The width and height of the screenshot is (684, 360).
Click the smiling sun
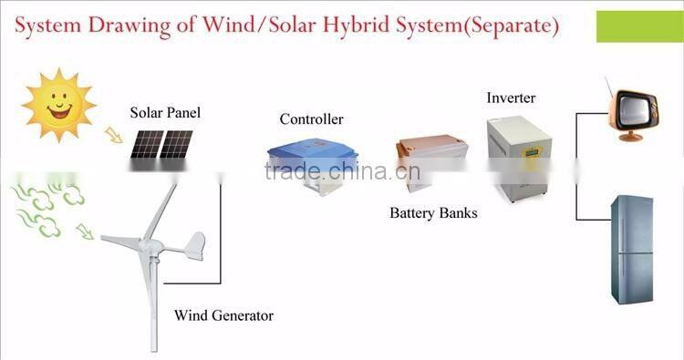click(57, 105)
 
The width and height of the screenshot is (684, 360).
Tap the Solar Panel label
click(164, 113)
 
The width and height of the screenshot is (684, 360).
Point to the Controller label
click(311, 119)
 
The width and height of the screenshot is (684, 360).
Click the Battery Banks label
click(433, 213)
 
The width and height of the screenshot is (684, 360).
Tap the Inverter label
click(511, 98)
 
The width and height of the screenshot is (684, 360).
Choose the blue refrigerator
click(631, 249)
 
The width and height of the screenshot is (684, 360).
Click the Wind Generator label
click(223, 316)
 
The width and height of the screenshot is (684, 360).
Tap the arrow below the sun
click(114, 135)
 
